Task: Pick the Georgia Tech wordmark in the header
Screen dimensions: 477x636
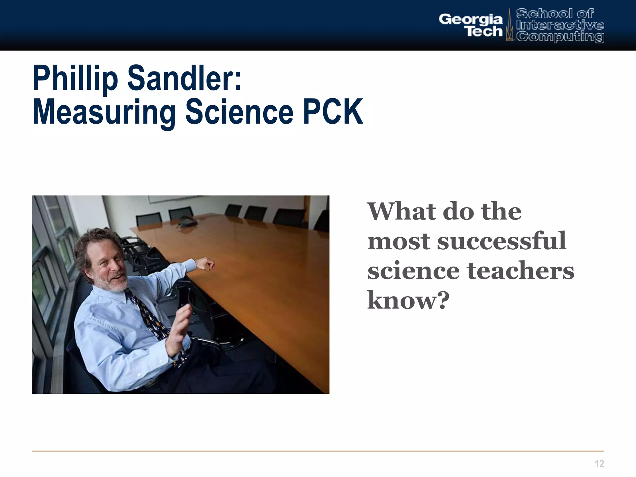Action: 470,25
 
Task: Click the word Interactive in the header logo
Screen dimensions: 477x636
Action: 560,25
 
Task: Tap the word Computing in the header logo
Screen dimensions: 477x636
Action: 560,37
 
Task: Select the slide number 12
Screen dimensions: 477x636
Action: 599,464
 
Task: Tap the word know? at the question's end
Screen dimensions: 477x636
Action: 408,300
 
